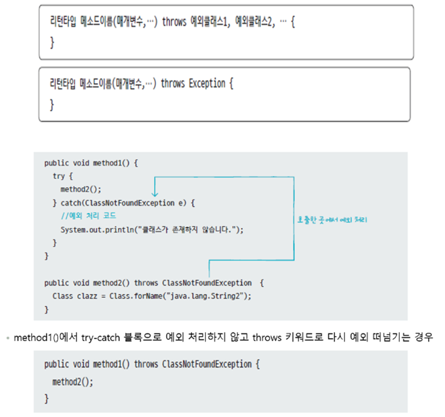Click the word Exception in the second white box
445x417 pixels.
click(207, 84)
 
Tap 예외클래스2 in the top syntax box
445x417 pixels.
click(255, 22)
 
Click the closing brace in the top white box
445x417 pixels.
click(52, 43)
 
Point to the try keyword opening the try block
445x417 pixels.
click(59, 176)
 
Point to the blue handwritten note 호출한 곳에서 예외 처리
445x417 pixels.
click(332, 220)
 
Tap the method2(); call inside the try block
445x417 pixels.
click(81, 189)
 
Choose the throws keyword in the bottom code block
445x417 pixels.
click(146, 365)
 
